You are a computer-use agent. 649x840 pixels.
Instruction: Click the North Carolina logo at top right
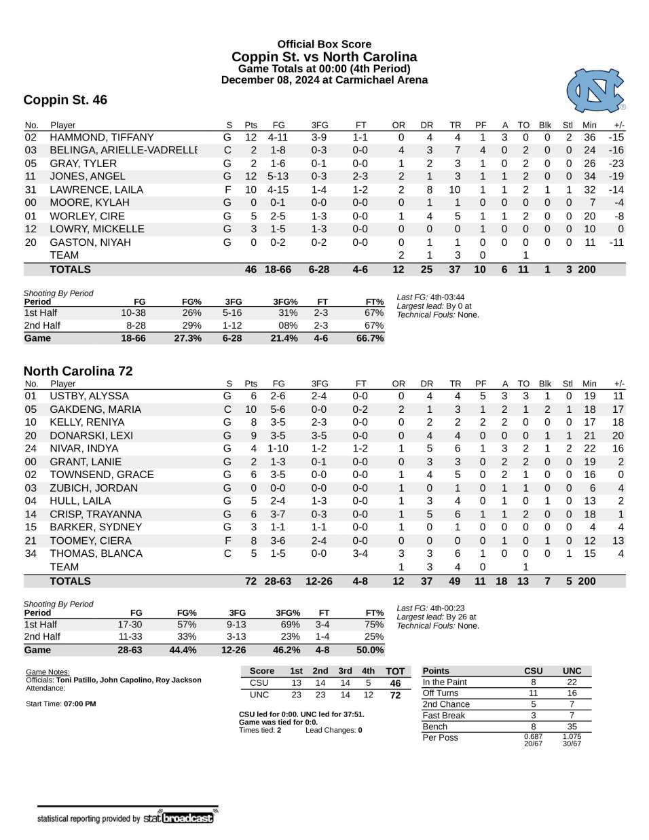pyautogui.click(x=595, y=90)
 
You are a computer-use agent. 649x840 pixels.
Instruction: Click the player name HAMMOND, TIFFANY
pyautogui.click(x=102, y=137)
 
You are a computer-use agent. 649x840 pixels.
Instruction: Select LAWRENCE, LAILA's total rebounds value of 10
pyautogui.click(x=455, y=190)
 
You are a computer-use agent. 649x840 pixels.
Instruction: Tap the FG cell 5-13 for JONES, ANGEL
pyautogui.click(x=278, y=177)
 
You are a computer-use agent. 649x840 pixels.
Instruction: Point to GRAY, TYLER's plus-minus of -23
pyautogui.click(x=616, y=164)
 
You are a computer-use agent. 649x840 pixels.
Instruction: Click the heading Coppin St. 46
pyautogui.click(x=65, y=101)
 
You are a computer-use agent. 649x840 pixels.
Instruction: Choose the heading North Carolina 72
pyautogui.click(x=78, y=371)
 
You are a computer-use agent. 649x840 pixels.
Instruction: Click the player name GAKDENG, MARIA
pyautogui.click(x=96, y=409)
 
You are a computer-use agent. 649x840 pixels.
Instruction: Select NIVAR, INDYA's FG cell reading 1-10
pyautogui.click(x=278, y=449)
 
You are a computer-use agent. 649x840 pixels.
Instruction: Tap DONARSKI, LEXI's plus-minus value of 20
pyautogui.click(x=617, y=436)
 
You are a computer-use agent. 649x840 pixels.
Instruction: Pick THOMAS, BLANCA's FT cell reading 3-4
pyautogui.click(x=360, y=554)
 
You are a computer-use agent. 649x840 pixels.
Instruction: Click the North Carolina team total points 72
pyautogui.click(x=251, y=582)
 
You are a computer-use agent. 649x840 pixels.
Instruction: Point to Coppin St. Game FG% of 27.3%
pyautogui.click(x=187, y=338)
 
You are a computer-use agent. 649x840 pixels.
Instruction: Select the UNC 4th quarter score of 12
pyautogui.click(x=368, y=695)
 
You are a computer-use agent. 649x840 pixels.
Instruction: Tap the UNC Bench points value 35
pyautogui.click(x=572, y=727)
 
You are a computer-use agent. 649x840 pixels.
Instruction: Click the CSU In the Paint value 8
pyautogui.click(x=533, y=682)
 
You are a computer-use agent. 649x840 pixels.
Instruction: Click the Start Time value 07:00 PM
pyautogui.click(x=79, y=704)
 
